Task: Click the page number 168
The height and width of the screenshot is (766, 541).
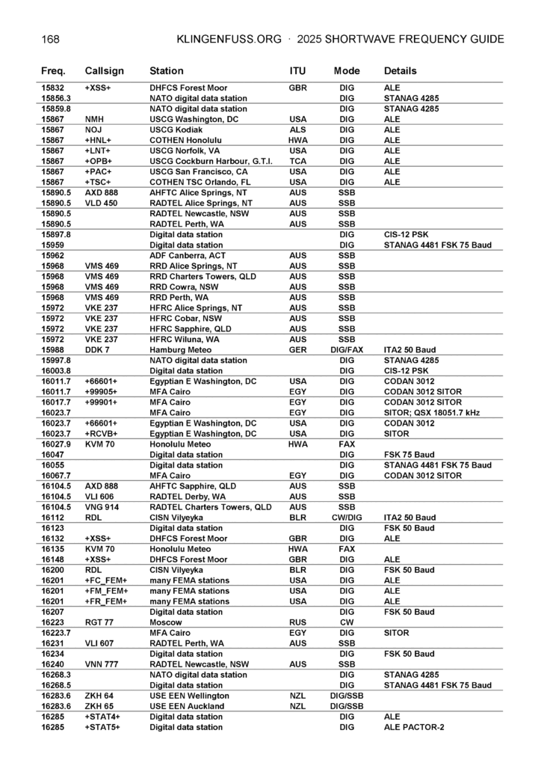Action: [51, 39]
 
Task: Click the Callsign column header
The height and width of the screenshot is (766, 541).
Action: [105, 71]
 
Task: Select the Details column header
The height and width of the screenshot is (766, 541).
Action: [401, 71]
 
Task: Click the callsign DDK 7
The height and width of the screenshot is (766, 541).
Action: [97, 349]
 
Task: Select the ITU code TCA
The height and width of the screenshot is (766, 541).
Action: [297, 161]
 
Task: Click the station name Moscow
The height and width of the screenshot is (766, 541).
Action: [166, 622]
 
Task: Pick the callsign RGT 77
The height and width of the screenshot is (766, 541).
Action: [99, 622]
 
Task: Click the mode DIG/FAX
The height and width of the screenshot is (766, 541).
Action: [347, 349]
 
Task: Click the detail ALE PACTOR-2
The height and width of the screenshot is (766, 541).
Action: [414, 727]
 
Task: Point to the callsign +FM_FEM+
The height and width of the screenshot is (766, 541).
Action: [106, 591]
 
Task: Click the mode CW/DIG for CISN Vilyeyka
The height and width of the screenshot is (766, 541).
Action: [347, 517]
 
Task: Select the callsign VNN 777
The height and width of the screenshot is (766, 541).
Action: [102, 664]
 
